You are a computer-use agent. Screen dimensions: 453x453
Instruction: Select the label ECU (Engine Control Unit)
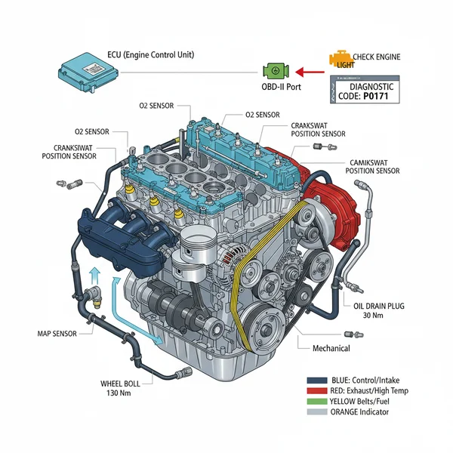pos(152,55)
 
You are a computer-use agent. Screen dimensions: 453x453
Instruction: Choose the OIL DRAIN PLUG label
pos(382,306)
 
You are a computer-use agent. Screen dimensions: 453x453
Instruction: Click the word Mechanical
pos(331,348)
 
